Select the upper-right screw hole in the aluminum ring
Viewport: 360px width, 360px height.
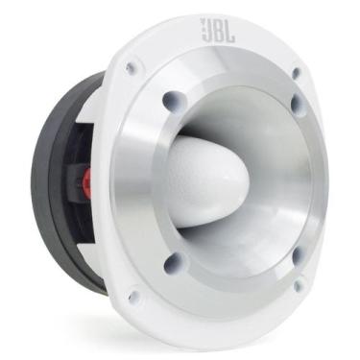[297, 101]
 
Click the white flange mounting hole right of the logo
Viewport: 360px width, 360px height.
[297, 71]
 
